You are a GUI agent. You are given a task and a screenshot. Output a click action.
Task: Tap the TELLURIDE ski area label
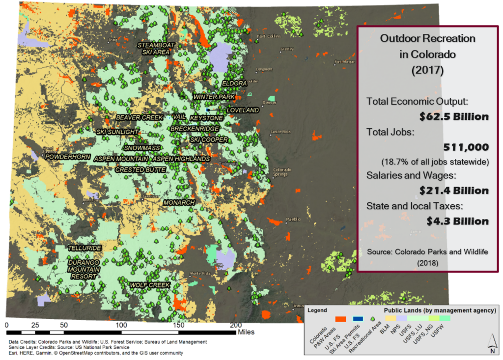[x=84, y=248]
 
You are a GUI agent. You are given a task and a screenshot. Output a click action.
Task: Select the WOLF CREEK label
[x=149, y=285]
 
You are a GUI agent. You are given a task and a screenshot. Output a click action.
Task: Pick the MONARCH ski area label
[x=179, y=202]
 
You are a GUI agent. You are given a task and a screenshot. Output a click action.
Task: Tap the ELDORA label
[x=234, y=83]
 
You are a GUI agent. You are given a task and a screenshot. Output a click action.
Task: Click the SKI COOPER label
[x=209, y=139]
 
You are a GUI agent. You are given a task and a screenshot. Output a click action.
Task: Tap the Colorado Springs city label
[x=278, y=172]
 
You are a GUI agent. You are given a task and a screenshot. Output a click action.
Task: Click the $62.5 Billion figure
[x=454, y=117]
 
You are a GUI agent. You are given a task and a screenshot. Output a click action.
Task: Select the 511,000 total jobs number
[x=465, y=147]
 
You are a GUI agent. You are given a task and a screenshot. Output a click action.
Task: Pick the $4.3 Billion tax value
[x=457, y=221]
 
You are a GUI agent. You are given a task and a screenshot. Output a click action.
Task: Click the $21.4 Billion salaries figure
[x=454, y=190]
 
